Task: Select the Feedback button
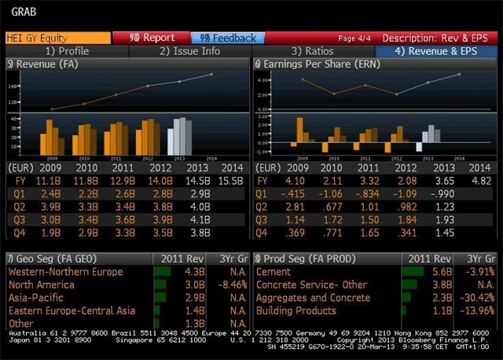pyautogui.click(x=228, y=38)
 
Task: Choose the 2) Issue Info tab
pyautogui.click(x=189, y=51)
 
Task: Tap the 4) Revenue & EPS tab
pyautogui.click(x=436, y=51)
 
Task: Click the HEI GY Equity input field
pyautogui.click(x=55, y=38)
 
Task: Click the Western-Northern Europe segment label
pyautogui.click(x=65, y=272)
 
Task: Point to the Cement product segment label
pyautogui.click(x=275, y=272)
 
